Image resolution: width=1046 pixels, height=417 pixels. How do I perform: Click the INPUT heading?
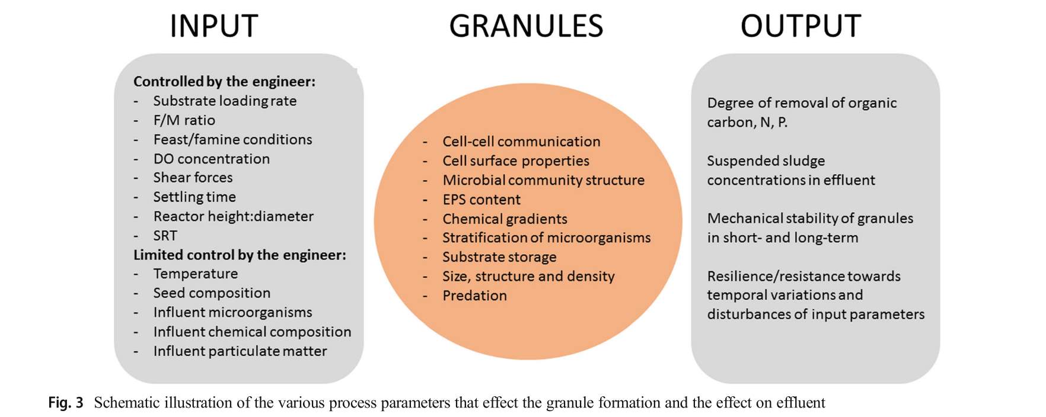pyautogui.click(x=213, y=26)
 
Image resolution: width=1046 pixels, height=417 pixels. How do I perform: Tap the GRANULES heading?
pyautogui.click(x=526, y=26)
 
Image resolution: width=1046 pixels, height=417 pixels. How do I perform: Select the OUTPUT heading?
pyautogui.click(x=801, y=26)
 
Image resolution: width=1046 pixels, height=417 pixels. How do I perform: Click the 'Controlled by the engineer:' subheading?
pyautogui.click(x=224, y=82)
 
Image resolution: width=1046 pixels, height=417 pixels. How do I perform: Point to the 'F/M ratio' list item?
pyautogui.click(x=184, y=120)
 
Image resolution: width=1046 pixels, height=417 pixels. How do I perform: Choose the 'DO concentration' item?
pyautogui.click(x=211, y=159)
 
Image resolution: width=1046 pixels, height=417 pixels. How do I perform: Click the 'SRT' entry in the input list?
pyautogui.click(x=165, y=236)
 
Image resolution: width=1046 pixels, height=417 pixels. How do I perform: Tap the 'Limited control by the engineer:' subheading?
pyautogui.click(x=240, y=255)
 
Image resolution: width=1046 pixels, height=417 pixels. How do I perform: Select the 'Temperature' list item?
pyautogui.click(x=195, y=274)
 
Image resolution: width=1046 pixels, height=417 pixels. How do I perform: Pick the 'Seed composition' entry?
pyautogui.click(x=212, y=293)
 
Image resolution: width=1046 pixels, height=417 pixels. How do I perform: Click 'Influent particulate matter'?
pyautogui.click(x=240, y=351)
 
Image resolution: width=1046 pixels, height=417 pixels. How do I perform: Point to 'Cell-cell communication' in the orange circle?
pyautogui.click(x=521, y=142)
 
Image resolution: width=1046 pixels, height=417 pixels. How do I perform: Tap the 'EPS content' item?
pyautogui.click(x=481, y=200)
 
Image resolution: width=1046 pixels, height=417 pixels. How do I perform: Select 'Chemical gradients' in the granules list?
pyautogui.click(x=505, y=219)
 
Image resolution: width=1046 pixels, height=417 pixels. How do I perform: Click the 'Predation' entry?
pyautogui.click(x=474, y=296)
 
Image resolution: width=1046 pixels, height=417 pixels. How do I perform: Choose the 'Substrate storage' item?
pyautogui.click(x=499, y=257)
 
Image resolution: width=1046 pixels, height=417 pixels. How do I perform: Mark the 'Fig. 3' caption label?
pyautogui.click(x=66, y=403)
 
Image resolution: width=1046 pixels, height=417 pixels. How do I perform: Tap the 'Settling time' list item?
pyautogui.click(x=194, y=197)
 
